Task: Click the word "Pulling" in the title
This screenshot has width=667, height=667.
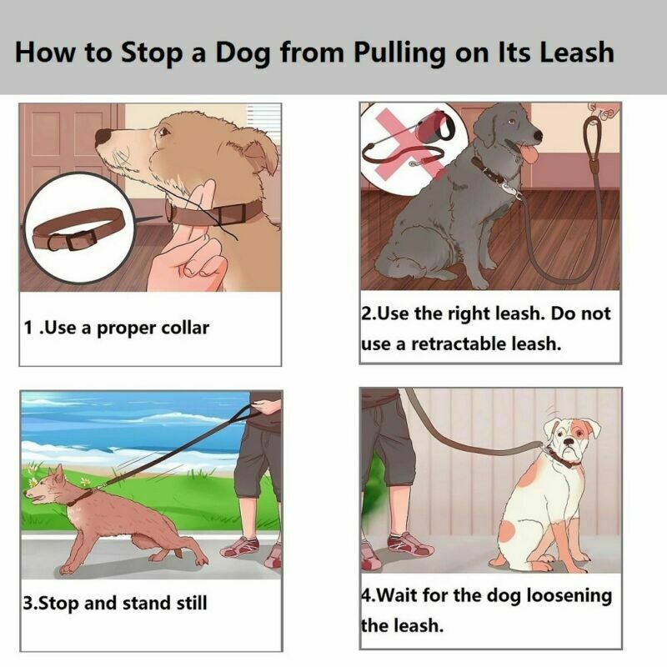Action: tap(399, 53)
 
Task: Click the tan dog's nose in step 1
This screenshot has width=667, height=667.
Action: tap(103, 136)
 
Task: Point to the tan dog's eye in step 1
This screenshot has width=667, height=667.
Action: tap(163, 132)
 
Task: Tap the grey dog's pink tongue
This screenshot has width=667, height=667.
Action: tap(529, 154)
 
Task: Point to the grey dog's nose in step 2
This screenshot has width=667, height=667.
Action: tap(538, 136)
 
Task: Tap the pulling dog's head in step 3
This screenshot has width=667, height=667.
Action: tap(46, 488)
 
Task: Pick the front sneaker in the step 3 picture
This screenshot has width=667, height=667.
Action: tap(239, 548)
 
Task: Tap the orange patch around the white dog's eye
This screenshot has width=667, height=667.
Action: tap(579, 433)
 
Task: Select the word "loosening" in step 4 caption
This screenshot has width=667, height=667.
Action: tap(569, 596)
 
